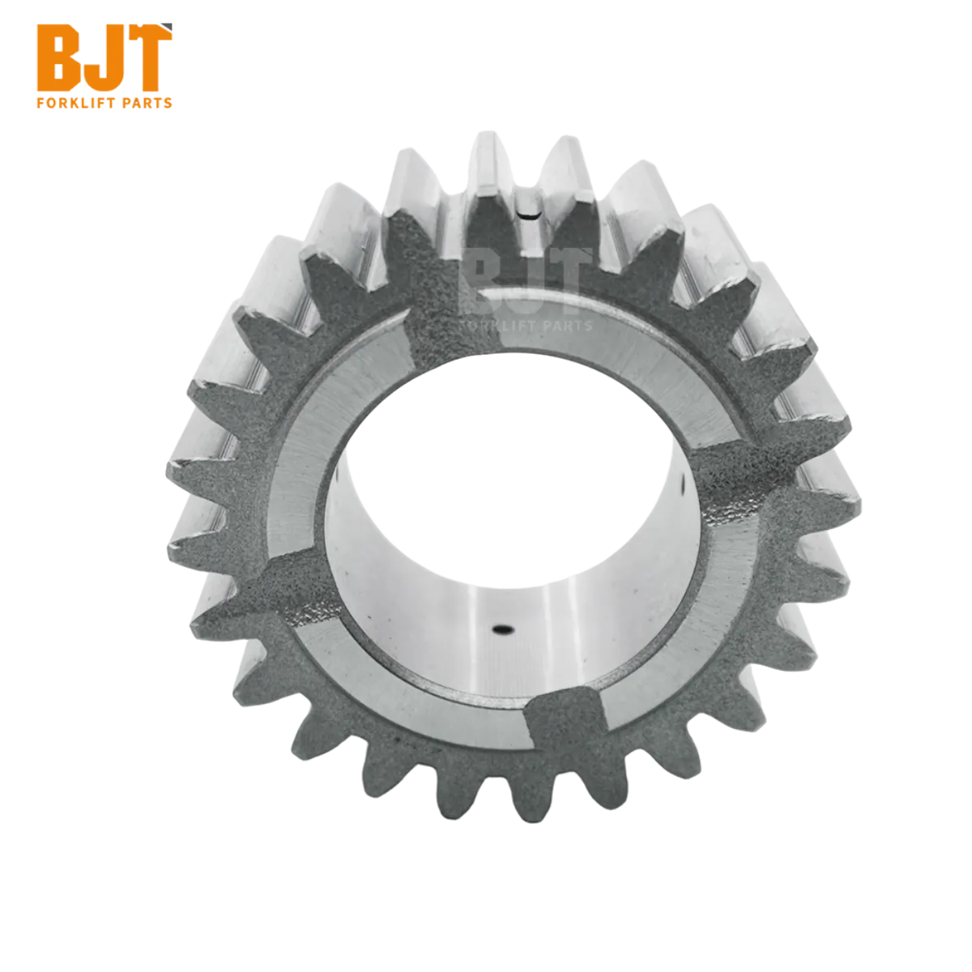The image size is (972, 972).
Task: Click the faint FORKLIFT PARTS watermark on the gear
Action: (x=526, y=326)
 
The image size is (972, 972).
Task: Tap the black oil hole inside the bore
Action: (x=503, y=629)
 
